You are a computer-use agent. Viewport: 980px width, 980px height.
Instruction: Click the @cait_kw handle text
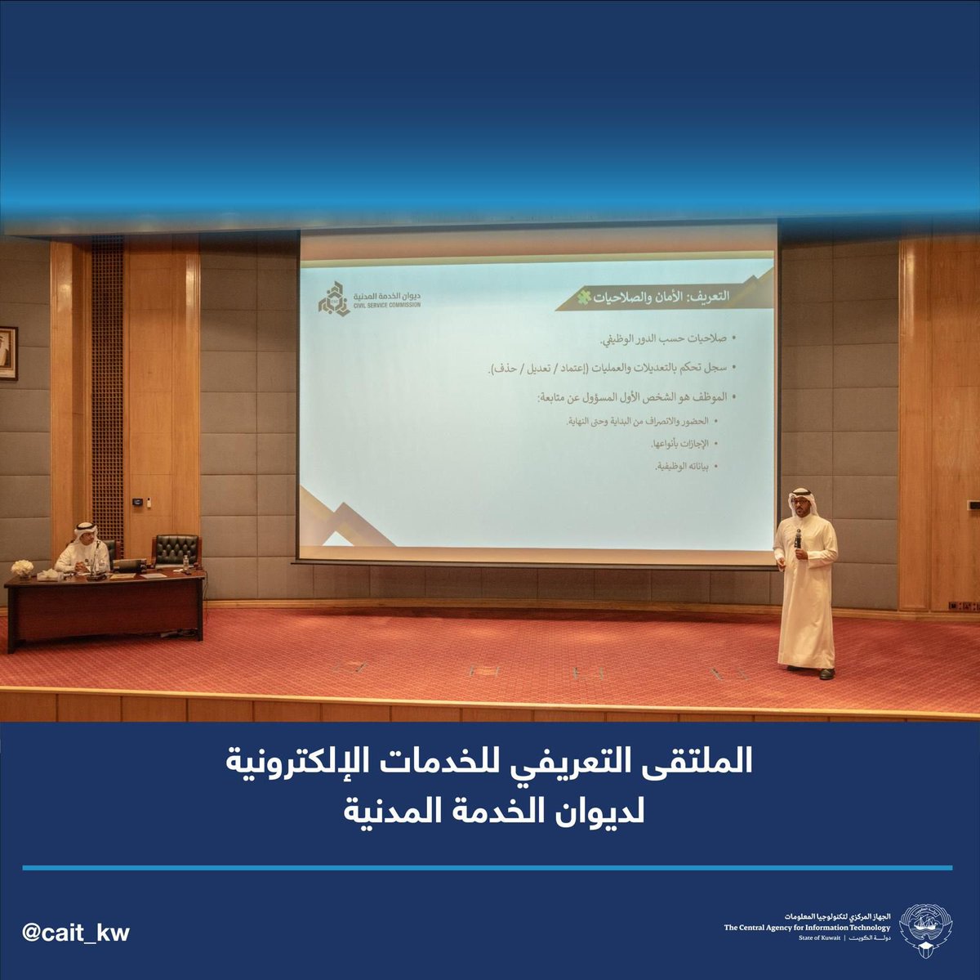[76, 933]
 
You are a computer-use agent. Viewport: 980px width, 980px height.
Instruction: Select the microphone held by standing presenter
[798, 539]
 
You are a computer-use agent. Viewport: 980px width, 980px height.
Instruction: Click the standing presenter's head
[800, 503]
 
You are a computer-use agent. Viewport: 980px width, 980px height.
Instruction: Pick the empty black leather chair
[176, 550]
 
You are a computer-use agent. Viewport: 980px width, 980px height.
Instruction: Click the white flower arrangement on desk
[23, 566]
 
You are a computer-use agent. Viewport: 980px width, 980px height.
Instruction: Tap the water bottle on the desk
[187, 563]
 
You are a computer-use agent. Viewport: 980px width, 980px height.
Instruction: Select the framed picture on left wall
[7, 353]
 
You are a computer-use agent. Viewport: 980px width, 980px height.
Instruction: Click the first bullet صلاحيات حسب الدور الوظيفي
[665, 338]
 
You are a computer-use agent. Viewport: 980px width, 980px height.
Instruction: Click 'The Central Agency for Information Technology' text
[807, 928]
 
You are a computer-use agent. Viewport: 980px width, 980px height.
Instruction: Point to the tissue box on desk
[51, 575]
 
